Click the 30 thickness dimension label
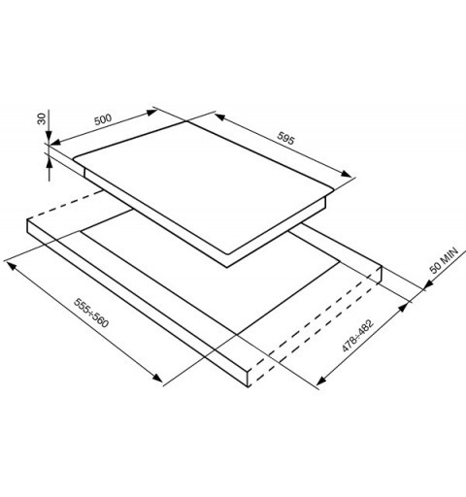point(42,119)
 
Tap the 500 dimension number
point(103,119)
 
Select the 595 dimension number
point(285,138)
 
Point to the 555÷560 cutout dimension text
point(91,313)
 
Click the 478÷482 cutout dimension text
point(357,335)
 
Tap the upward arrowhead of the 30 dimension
point(50,163)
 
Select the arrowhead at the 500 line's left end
point(55,142)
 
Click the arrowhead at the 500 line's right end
point(151,113)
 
